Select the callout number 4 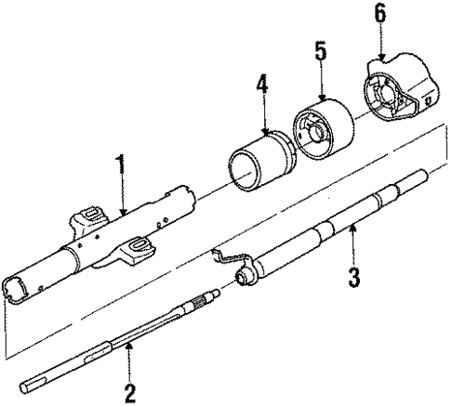tap(262, 90)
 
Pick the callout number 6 tap(378, 15)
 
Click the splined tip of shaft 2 tap(210, 300)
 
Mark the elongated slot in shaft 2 tap(97, 352)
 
